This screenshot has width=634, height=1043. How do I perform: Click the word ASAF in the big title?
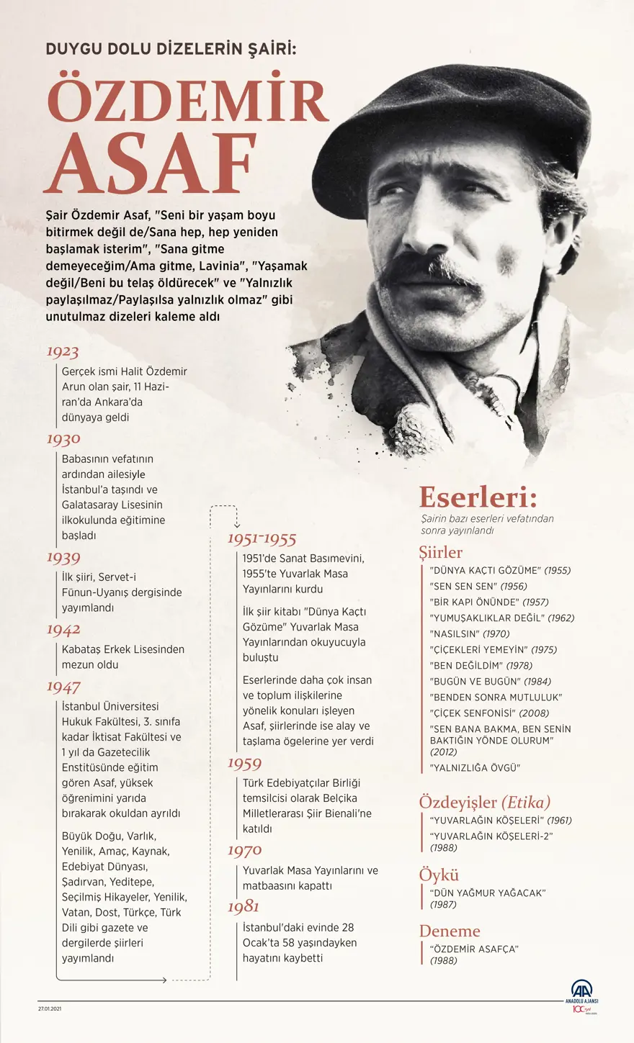[x=151, y=164]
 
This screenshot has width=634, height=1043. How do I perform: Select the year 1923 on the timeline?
[x=63, y=352]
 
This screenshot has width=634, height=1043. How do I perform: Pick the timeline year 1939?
[x=63, y=557]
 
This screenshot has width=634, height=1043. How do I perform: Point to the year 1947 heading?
[x=63, y=686]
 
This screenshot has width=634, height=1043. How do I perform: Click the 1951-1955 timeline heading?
[x=262, y=539]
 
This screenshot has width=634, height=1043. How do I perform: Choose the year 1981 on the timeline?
[x=244, y=906]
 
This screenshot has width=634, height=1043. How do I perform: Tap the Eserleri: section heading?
[x=478, y=497]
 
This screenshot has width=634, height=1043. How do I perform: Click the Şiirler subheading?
[x=440, y=552]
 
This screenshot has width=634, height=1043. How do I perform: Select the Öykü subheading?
[x=439, y=875]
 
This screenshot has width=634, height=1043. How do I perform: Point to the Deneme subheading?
[x=450, y=931]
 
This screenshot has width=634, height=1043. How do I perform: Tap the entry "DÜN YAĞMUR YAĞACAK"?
[x=488, y=893]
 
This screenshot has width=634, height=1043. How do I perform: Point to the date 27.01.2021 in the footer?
[x=51, y=1008]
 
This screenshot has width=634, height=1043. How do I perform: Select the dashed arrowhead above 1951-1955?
[x=236, y=525]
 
